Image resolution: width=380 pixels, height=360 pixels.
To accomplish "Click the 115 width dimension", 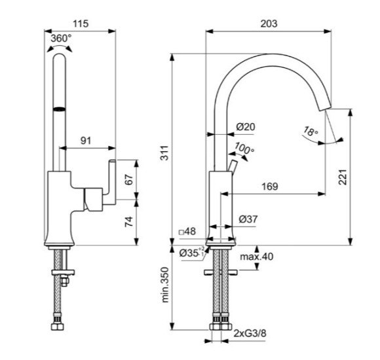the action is [x=81, y=24].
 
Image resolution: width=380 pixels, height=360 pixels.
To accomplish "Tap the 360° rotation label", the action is [x=62, y=38].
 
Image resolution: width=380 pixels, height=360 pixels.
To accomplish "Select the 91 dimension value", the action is [x=86, y=141].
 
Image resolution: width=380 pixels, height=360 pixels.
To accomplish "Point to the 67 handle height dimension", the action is [x=129, y=179].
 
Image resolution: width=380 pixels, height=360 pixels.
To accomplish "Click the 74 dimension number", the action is [x=129, y=222].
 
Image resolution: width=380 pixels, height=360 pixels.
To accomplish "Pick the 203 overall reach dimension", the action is [x=269, y=24].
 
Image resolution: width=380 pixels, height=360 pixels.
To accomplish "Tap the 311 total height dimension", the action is [x=165, y=153].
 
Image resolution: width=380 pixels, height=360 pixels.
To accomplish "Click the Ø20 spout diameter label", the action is [x=246, y=126].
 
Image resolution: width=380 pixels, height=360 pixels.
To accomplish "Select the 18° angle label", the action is [x=311, y=132].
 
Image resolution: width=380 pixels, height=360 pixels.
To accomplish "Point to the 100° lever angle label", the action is [x=244, y=149].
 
